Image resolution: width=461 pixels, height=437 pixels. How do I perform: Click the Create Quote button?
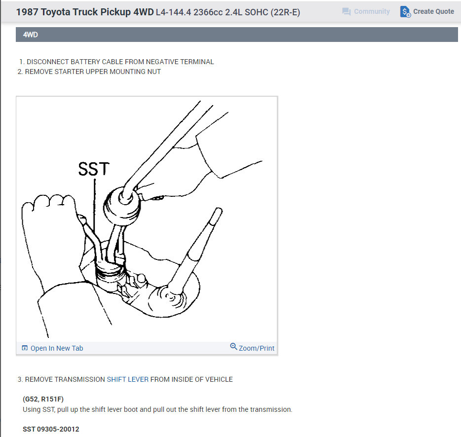433,11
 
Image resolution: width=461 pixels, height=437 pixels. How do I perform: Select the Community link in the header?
372,11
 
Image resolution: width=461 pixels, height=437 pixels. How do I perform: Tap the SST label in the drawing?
93,169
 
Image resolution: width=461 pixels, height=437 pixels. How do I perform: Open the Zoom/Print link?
256,348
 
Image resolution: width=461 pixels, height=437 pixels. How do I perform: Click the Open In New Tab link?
56,348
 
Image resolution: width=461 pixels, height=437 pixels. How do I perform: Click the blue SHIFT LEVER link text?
127,379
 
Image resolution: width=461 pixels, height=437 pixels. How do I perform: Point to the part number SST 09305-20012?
51,429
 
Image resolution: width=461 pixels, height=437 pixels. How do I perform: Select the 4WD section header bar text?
31,35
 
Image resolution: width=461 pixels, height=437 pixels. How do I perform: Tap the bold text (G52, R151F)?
43,399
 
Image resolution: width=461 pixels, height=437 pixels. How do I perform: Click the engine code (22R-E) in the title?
285,12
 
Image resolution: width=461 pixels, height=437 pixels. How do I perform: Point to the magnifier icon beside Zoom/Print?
233,347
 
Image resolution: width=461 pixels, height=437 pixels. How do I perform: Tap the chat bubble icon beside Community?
346,11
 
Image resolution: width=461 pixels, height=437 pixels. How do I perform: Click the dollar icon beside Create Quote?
405,12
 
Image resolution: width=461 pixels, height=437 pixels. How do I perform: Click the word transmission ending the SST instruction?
270,409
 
